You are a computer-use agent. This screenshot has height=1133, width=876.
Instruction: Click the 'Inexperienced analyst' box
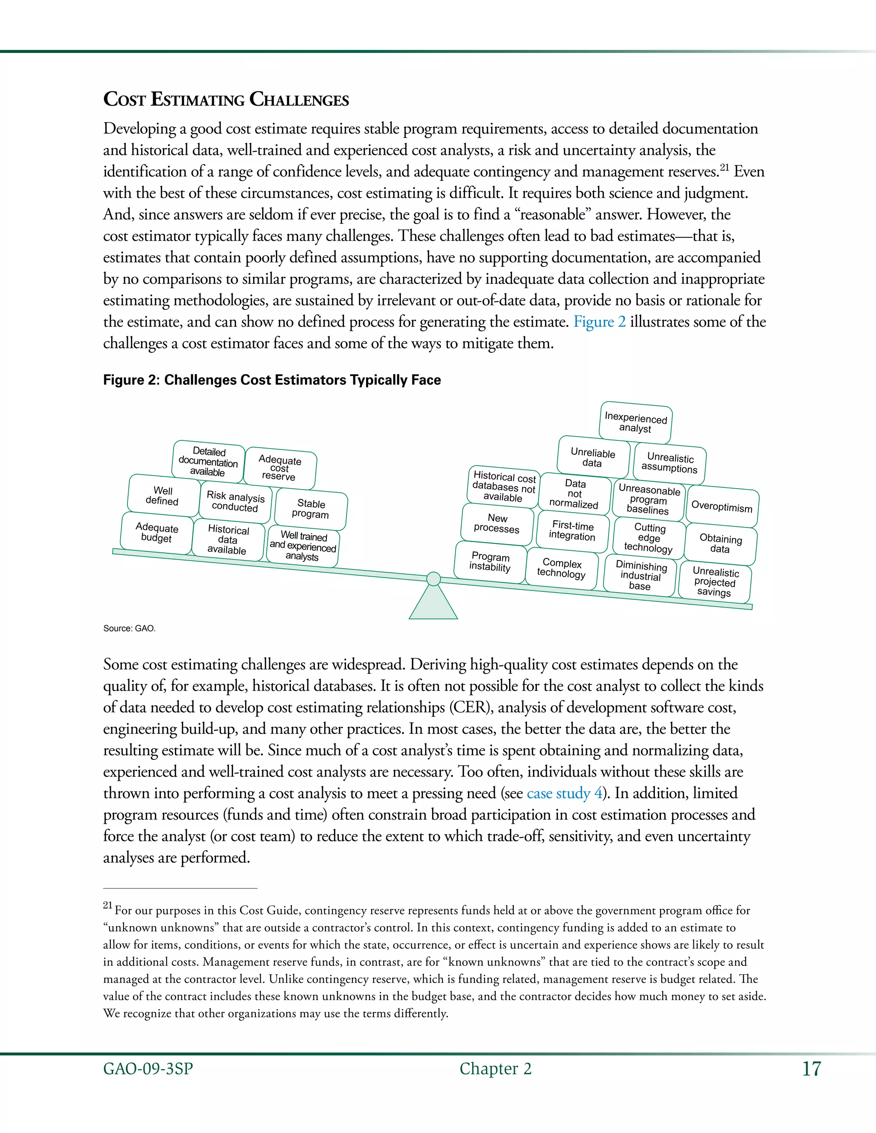[635, 422]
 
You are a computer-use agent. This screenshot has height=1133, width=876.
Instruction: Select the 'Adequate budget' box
[157, 533]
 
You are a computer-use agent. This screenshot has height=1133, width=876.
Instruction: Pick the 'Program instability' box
[490, 561]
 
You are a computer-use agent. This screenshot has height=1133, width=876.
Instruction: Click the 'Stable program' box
[311, 508]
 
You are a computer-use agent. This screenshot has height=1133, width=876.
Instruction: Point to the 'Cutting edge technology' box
[649, 537]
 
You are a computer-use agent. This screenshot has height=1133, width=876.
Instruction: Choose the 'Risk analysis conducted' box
[235, 502]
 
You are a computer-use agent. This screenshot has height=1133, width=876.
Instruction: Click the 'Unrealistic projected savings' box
[715, 581]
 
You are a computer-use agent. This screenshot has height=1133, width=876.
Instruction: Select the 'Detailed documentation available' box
[208, 462]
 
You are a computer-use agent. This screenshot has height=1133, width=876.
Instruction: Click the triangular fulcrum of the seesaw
[433, 605]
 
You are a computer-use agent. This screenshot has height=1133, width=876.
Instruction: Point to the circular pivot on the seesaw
[433, 579]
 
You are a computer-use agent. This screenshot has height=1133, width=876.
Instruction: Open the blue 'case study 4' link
[565, 793]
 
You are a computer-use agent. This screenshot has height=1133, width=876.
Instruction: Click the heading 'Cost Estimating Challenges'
[226, 99]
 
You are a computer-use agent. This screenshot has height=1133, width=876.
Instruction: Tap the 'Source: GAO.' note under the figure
[129, 628]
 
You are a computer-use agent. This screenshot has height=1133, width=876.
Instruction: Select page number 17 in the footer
[811, 1069]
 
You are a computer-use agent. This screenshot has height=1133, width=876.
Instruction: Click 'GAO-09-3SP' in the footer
[148, 1069]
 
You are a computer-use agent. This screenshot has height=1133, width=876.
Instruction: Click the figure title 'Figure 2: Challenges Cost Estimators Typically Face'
[272, 380]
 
